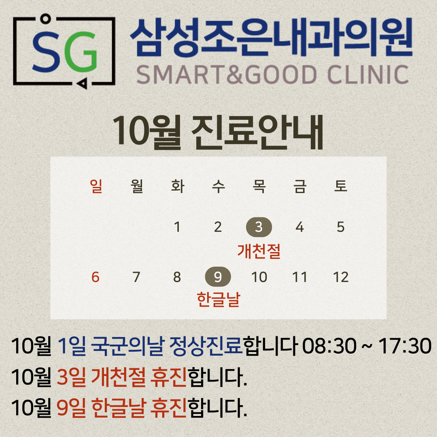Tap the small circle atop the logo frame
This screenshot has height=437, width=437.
pos(45,19)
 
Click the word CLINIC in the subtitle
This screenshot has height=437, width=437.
pos(368,75)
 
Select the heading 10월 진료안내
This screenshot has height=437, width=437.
pos(218,132)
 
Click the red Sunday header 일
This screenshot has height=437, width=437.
pos(96,186)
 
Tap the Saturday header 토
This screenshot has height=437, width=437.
pos(341,186)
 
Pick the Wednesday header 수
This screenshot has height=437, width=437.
pos(218,186)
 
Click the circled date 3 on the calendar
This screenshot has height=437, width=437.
pos(259,227)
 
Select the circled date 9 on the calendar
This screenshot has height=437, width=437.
pos(218,277)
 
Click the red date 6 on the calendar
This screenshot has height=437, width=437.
pos(95,277)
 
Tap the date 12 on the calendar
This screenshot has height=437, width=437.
pos(341,277)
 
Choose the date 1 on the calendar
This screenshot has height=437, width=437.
pos(177,227)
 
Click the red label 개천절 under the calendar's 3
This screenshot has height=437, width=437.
pos(259,251)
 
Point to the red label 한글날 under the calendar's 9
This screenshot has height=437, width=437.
pos(218,299)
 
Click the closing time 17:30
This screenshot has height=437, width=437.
pos(405,346)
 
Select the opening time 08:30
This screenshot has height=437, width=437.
pos(329,346)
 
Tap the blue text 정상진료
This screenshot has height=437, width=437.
pos(206,346)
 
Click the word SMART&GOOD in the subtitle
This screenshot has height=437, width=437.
pos(226,75)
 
